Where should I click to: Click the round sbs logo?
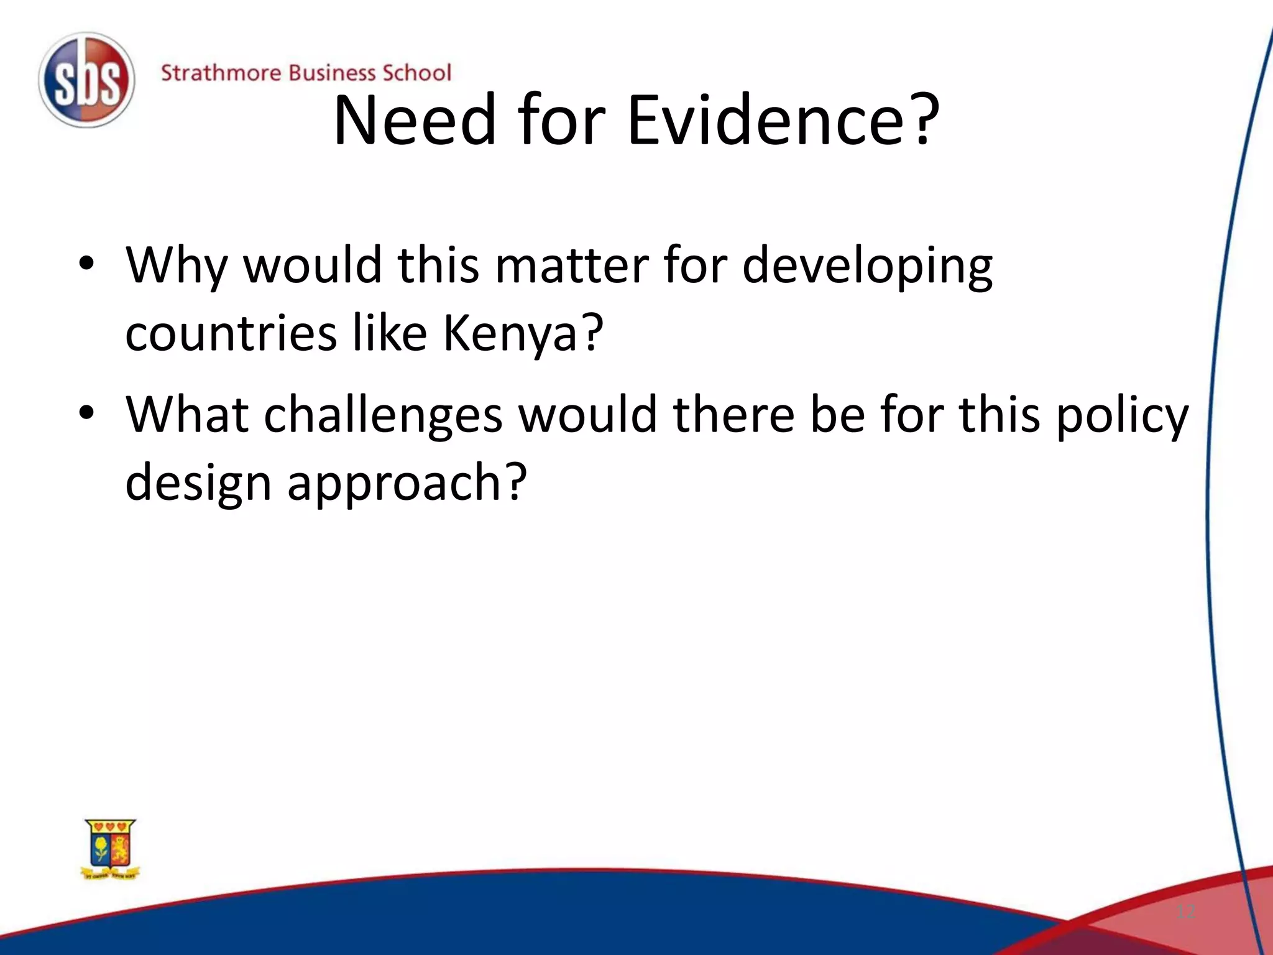point(86,80)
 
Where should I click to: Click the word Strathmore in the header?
point(221,73)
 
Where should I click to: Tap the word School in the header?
point(416,73)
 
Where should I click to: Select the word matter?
point(571,265)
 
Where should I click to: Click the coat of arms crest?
point(111,849)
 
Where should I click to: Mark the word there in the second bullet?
point(733,413)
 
